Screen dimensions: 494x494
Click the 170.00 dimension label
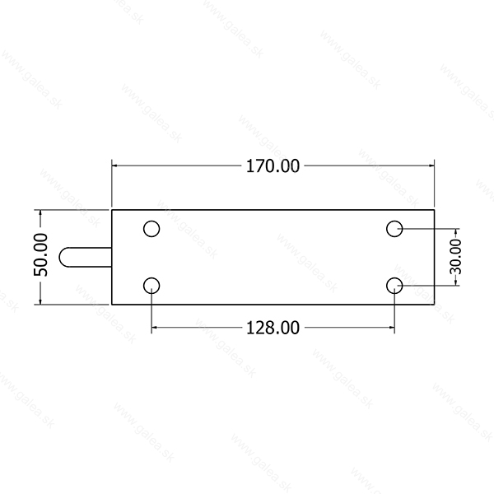(x=273, y=166)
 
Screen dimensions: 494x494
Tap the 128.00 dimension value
(x=273, y=328)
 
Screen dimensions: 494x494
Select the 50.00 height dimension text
(x=41, y=255)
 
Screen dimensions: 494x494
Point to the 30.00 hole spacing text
(x=455, y=257)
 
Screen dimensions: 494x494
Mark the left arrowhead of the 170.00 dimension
(x=114, y=165)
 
